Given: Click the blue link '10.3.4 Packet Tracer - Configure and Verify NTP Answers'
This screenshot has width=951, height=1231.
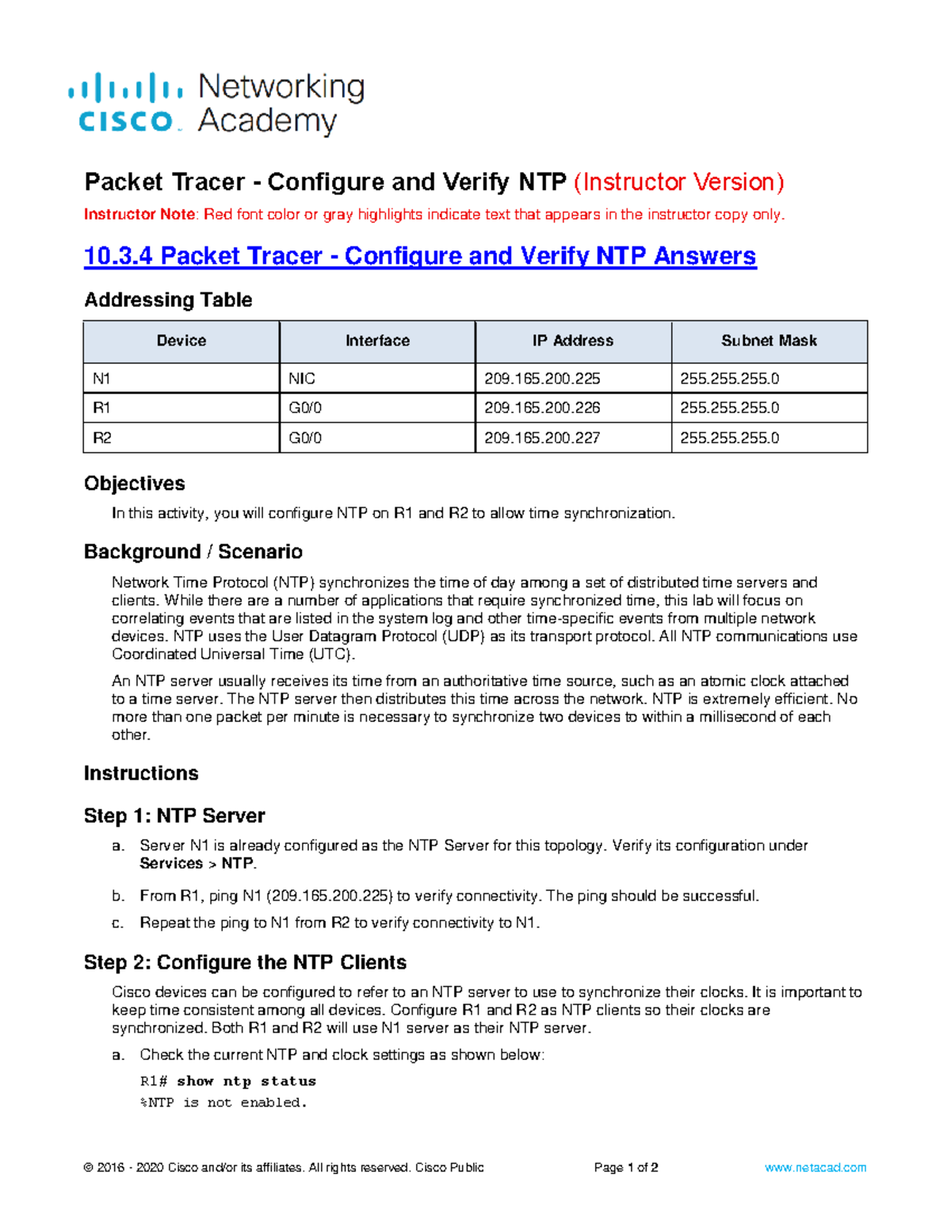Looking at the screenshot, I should [420, 256].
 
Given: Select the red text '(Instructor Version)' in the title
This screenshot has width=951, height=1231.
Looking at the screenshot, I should [678, 182].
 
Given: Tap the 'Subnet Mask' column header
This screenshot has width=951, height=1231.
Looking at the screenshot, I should [769, 341].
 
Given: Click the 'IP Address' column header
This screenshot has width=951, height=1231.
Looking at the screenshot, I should [572, 341].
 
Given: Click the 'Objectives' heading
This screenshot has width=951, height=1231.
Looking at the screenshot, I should [135, 484].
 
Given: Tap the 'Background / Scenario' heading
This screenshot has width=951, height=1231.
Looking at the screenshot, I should [193, 552].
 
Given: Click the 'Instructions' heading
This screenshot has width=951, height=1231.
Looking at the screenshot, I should [141, 774].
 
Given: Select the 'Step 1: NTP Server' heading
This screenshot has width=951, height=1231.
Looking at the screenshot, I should [174, 816].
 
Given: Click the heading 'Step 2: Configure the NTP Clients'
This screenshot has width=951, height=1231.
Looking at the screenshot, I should [245, 962].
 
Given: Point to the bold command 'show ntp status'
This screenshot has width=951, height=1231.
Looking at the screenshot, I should [246, 1081].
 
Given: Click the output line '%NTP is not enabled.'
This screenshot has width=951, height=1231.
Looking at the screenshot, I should [223, 1103].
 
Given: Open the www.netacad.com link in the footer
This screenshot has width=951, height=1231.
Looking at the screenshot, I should [815, 1168].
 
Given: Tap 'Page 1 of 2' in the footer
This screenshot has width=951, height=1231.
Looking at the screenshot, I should [626, 1168].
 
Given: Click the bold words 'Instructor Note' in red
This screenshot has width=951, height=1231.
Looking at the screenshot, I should [139, 215].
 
